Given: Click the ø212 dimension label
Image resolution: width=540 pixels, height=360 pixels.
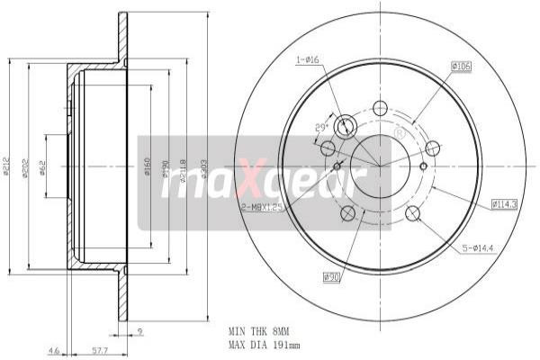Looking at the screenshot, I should click(7, 168).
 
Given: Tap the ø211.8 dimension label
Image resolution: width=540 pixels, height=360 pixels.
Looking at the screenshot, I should click(184, 168).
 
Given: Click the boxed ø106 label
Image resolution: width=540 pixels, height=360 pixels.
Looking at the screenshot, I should click(462, 66).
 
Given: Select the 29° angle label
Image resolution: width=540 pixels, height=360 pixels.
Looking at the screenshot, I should click(320, 128).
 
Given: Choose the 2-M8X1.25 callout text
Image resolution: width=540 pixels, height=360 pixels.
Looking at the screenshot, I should click(261, 207).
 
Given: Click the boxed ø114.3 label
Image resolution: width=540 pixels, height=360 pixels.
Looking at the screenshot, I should click(506, 204).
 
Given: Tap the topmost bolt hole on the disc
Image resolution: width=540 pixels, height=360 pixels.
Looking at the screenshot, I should click(379, 107).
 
